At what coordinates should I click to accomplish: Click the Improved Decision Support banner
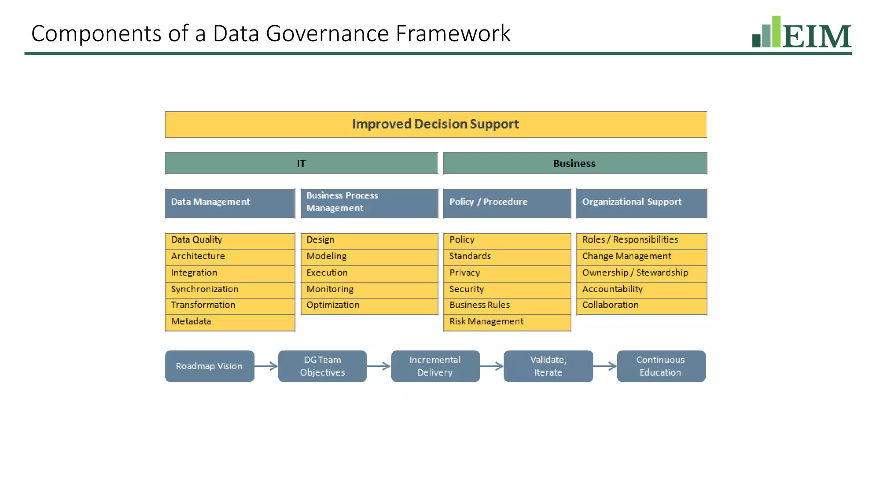tap(436, 125)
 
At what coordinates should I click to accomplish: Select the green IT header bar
tap(301, 163)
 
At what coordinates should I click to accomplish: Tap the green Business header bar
tap(575, 163)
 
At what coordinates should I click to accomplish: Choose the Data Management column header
tap(230, 203)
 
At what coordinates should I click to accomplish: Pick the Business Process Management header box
tap(369, 203)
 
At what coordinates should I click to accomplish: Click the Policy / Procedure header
tap(507, 203)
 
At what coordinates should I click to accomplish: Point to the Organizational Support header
tap(641, 203)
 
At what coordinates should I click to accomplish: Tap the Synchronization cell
tap(230, 290)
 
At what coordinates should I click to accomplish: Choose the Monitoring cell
tap(369, 290)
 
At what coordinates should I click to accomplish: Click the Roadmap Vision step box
tap(209, 366)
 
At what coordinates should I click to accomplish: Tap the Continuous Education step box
tap(661, 366)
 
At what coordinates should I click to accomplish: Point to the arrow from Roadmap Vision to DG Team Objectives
tap(266, 366)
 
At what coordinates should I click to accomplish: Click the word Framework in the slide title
tap(453, 33)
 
